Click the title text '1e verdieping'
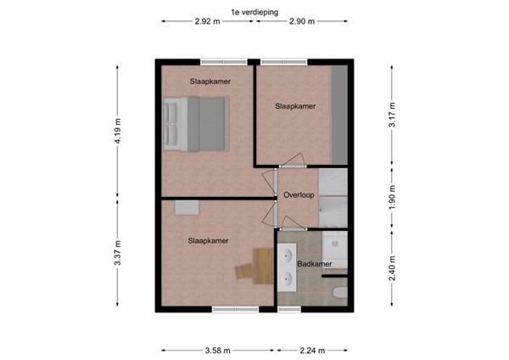pyautogui.click(x=255, y=11)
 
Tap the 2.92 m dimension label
pyautogui.click(x=207, y=22)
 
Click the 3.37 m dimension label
pyautogui.click(x=118, y=254)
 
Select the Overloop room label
pyautogui.click(x=299, y=195)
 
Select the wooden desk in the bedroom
pyautogui.click(x=248, y=267)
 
